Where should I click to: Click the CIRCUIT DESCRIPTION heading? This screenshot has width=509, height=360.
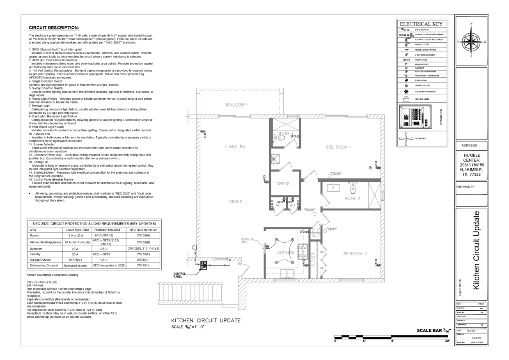click(x=54, y=28)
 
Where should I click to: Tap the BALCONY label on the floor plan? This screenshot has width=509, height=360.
click(x=236, y=105)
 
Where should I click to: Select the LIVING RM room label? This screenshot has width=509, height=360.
click(x=235, y=147)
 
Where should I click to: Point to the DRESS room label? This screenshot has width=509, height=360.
click(x=282, y=183)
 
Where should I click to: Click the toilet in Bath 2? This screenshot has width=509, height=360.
click(x=352, y=190)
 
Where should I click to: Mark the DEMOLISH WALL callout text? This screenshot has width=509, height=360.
click(x=248, y=241)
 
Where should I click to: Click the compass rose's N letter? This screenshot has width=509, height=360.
click(x=471, y=24)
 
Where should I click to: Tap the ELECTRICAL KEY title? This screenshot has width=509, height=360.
click(x=421, y=24)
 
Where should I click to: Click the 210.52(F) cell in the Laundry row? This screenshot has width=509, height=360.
click(x=143, y=254)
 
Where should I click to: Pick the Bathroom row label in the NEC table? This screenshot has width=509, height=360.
click(x=36, y=249)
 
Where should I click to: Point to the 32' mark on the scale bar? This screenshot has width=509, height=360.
click(x=447, y=341)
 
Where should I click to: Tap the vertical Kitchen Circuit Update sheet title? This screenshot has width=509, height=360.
click(x=476, y=250)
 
